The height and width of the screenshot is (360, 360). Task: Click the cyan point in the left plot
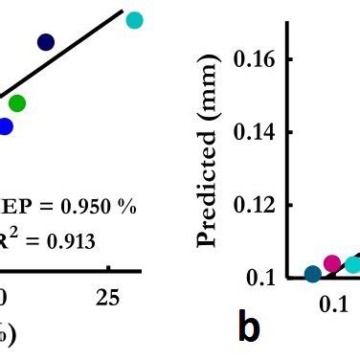135,20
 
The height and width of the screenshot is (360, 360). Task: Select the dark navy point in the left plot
46,41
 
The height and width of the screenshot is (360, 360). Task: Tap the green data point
16,102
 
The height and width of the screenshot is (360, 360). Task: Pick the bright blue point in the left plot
5,126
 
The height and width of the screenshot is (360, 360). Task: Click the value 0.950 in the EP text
90,207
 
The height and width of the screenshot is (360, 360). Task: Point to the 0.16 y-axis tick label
255,59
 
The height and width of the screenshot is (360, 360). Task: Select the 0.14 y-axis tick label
255,132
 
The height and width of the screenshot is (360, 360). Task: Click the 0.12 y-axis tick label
255,205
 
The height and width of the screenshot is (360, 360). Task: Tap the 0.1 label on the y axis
261,278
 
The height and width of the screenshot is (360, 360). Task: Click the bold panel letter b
249,328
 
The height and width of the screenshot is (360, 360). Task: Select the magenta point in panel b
332,263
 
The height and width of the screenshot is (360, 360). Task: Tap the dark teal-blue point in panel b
313,275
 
